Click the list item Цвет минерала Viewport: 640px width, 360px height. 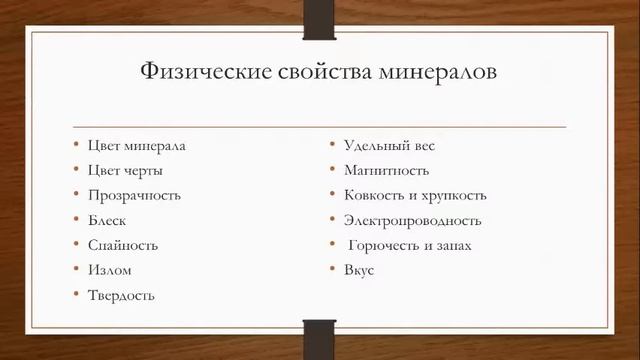tap(136, 145)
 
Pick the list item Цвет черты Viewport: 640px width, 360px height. tap(125, 170)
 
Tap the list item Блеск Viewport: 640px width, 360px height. tap(107, 220)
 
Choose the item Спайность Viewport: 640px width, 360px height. tap(123, 245)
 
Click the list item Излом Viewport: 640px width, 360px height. tap(109, 270)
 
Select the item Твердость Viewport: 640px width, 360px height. tap(121, 295)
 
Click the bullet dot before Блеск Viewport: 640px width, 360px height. tap(76, 220)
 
